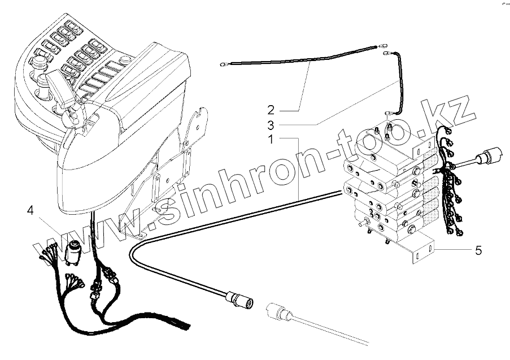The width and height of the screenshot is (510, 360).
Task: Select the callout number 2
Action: [271, 109]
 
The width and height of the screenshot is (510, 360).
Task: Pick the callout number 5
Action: [478, 250]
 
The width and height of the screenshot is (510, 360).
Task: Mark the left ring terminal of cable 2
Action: [224, 64]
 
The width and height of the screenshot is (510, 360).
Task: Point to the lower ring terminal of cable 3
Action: [389, 113]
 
